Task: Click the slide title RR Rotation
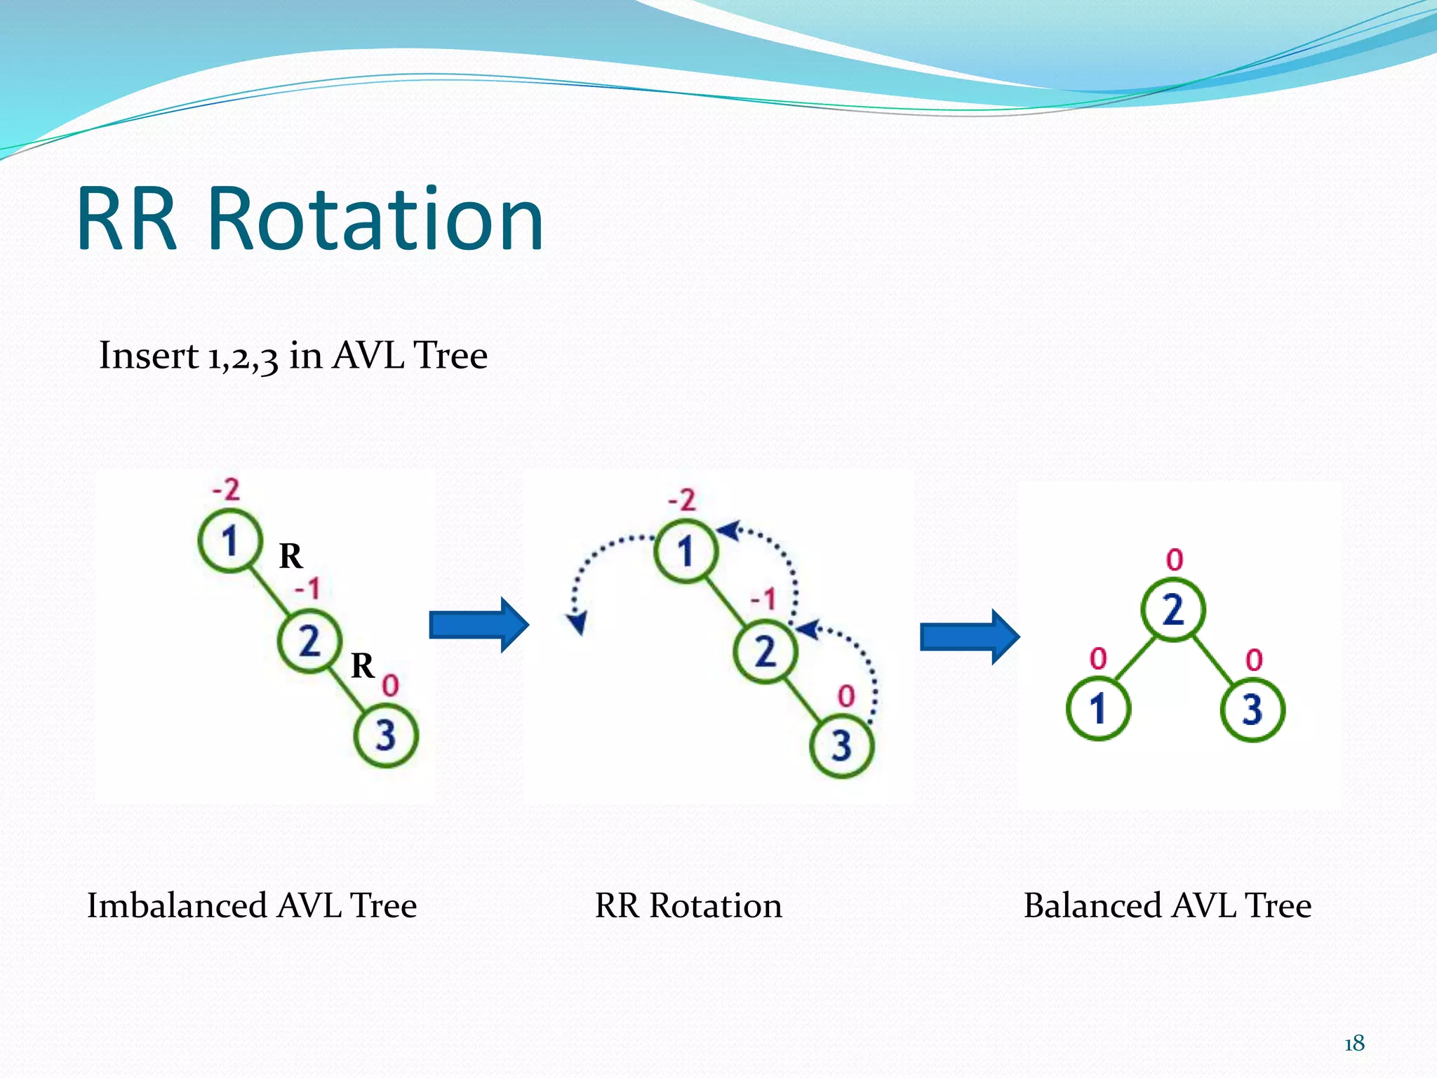tap(309, 219)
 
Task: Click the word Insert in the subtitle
tap(148, 355)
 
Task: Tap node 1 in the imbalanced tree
tap(229, 542)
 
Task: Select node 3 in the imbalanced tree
tap(386, 736)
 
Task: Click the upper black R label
tap(290, 557)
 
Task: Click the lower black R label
tap(362, 665)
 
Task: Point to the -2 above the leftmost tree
tap(226, 489)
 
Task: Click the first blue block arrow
tap(479, 625)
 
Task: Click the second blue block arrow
tap(970, 637)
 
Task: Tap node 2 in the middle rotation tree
tap(765, 651)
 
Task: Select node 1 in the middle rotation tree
tap(686, 551)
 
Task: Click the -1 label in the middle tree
tap(763, 599)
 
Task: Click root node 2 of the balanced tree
tap(1172, 609)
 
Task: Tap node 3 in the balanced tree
tap(1252, 709)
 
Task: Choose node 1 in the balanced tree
tap(1098, 708)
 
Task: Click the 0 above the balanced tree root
tap(1175, 560)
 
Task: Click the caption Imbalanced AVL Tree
tap(252, 905)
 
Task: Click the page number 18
tap(1354, 1044)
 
